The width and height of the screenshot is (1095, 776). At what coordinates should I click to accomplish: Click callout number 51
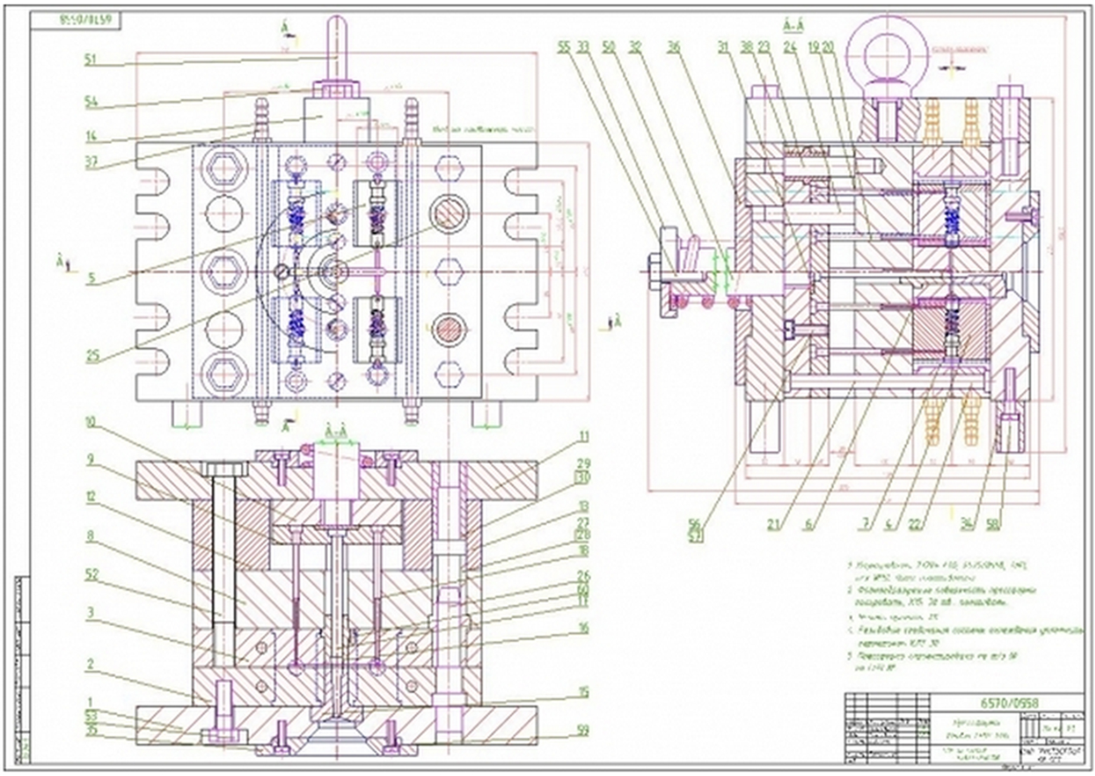point(90,60)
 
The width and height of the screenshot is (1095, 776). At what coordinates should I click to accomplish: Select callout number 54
point(91,102)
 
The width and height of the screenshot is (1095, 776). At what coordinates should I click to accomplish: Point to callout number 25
point(93,356)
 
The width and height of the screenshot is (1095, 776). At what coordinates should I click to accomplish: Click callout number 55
point(564,47)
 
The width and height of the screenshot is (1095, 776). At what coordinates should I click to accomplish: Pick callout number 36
point(674,47)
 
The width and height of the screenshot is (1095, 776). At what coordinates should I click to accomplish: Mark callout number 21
point(773,523)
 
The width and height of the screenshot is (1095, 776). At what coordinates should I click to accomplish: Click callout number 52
point(91,575)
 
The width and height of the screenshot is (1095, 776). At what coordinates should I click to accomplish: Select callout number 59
point(582,730)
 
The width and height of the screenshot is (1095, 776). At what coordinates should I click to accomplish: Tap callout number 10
point(91,423)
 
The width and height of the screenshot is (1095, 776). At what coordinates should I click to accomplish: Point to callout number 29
point(583,464)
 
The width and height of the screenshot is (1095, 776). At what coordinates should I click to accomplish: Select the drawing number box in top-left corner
point(77,20)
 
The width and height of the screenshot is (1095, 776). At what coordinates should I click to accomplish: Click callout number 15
point(583,693)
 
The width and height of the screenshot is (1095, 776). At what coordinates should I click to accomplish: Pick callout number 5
point(91,278)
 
